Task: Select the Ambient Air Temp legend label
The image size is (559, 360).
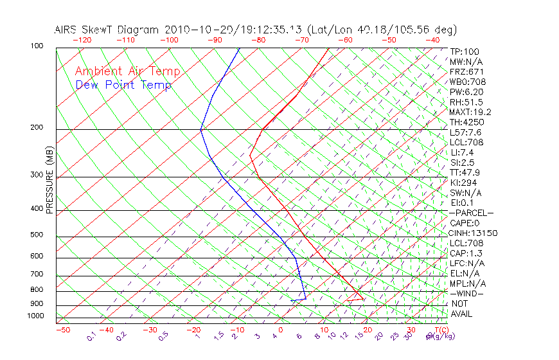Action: (128, 71)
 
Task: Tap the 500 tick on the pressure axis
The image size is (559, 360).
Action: (37, 235)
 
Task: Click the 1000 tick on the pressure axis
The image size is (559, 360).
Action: (35, 316)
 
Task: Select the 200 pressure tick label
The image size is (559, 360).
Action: (37, 128)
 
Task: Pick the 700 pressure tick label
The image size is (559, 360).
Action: (37, 274)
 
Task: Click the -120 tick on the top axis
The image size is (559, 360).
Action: (81, 40)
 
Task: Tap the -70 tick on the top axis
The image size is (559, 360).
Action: (301, 40)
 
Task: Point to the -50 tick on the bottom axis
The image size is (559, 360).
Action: (62, 330)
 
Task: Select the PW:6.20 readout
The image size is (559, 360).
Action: (466, 92)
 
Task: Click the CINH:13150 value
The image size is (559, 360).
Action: (474, 233)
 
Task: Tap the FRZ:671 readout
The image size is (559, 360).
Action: (466, 72)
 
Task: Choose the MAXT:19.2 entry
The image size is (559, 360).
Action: (470, 112)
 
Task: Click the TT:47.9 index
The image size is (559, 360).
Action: (466, 172)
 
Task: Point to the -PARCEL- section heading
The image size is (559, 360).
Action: (471, 213)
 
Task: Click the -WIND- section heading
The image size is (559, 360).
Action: (467, 293)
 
